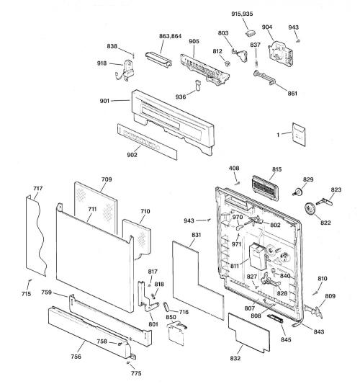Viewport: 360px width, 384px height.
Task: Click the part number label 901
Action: pos(104,101)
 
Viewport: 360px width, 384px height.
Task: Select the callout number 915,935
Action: pos(242,14)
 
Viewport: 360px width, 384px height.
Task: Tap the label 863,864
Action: pos(171,36)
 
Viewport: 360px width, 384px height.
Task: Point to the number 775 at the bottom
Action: pos(136,373)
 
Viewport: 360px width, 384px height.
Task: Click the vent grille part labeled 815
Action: pos(265,188)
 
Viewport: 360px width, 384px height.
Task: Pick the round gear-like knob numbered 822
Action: pos(310,210)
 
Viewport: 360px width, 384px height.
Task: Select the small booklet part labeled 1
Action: pos(299,134)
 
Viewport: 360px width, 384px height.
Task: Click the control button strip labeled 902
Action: pos(147,141)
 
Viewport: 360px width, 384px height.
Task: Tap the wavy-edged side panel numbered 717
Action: pos(35,235)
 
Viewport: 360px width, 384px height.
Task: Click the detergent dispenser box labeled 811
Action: pos(258,256)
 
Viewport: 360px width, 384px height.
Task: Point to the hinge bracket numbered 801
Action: pos(147,296)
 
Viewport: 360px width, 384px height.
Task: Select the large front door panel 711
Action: pos(95,257)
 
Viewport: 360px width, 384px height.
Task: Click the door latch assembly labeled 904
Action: pos(281,54)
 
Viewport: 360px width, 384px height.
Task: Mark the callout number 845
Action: pos(286,339)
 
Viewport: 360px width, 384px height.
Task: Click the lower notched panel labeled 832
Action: pos(249,332)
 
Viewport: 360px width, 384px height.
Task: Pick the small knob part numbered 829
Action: pos(297,192)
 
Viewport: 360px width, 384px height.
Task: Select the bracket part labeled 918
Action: pos(125,70)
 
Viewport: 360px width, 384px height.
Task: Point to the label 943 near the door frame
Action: pos(189,220)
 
